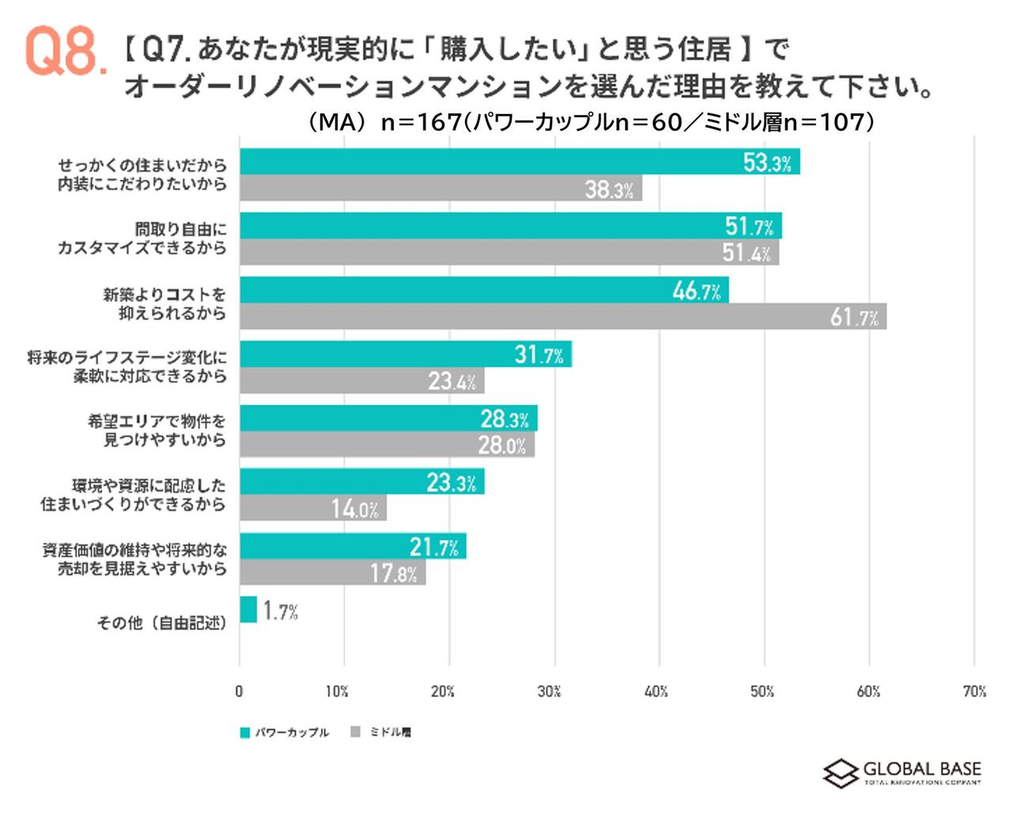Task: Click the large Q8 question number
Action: tap(63, 52)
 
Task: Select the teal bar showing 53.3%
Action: tap(519, 162)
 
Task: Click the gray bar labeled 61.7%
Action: tap(562, 316)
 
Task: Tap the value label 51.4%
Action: tap(745, 253)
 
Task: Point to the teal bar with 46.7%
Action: tap(483, 290)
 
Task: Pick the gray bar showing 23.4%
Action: tap(361, 380)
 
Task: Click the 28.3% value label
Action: tap(505, 418)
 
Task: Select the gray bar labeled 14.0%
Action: tap(313, 508)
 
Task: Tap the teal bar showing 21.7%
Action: tap(353, 546)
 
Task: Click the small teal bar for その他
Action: tap(248, 610)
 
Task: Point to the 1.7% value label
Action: tap(280, 611)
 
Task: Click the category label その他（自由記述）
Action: tap(162, 623)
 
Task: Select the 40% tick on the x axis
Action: tap(656, 691)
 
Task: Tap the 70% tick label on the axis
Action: tap(974, 691)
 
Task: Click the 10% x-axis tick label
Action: tap(337, 691)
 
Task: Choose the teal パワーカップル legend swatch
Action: tap(245, 732)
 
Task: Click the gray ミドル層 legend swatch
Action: tap(355, 732)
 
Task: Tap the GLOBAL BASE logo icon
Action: tap(840, 774)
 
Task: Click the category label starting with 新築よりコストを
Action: tap(165, 304)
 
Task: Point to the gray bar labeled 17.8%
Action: tap(333, 572)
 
